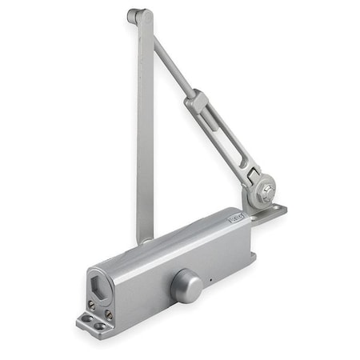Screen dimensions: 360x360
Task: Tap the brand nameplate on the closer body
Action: [237, 216]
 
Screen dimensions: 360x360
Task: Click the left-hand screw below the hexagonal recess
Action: [90, 304]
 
